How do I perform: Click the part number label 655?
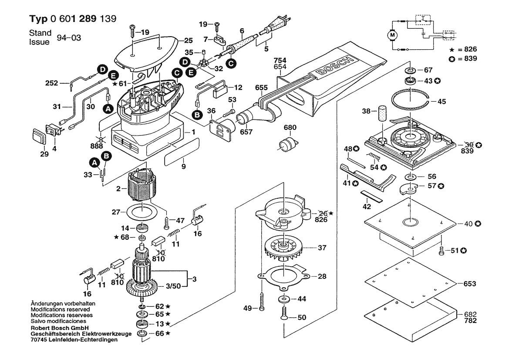pos(261,88)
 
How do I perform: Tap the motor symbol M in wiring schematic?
pos(392,34)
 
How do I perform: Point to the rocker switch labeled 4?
pos(53,130)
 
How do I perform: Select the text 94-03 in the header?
pos(69,38)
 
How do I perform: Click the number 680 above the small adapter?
pos(290,128)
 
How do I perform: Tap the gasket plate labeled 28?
pos(283,276)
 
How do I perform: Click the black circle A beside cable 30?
pos(107,107)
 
